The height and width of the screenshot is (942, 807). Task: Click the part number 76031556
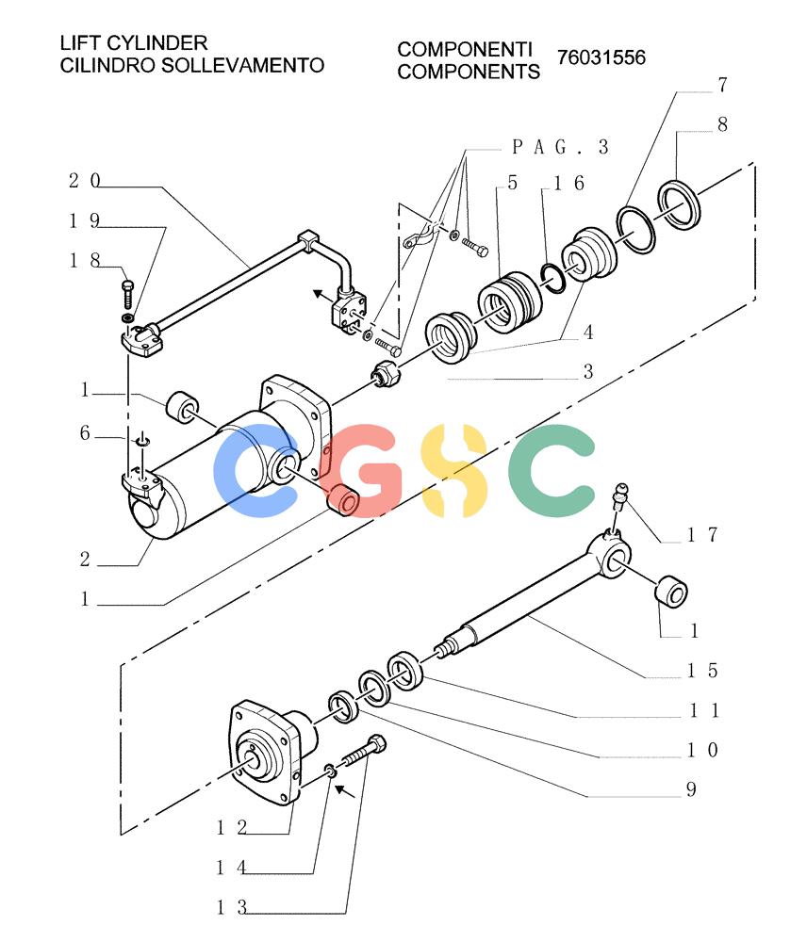pos(601,57)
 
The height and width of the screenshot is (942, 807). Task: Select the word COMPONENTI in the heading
pos(465,49)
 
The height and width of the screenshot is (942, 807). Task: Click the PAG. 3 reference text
pos(560,147)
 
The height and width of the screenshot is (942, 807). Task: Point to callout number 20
pos(84,180)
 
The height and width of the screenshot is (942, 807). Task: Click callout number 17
pos(702,534)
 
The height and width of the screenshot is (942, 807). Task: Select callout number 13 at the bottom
pos(232,906)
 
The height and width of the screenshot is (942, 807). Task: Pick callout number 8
pos(722,124)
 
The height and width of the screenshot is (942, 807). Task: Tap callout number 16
pos(568,183)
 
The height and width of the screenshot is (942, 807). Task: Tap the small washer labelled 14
pos(330,771)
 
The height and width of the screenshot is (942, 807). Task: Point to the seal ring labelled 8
pos(679,204)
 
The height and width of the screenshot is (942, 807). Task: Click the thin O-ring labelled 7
pos(635,230)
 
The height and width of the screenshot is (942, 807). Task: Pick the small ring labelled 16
pos(552,278)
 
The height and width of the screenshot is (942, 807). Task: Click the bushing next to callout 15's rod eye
pos(670,592)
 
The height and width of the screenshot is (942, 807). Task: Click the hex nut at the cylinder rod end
pos(387,374)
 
